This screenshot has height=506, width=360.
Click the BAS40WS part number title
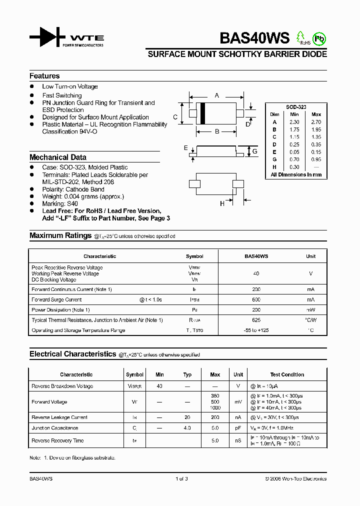point(255,38)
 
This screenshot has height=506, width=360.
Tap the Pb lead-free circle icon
point(318,38)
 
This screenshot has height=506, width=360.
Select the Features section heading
point(44,76)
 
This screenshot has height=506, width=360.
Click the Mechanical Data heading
point(58,157)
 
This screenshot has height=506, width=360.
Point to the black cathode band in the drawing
point(202,113)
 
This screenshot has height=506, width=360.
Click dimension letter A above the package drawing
point(216,95)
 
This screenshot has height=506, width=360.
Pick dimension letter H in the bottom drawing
point(222,203)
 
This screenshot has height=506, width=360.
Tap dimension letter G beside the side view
point(254,151)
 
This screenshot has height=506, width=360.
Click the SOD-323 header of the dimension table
point(296,107)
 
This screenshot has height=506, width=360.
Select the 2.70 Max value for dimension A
point(316,122)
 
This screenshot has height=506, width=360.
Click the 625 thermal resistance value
point(256,320)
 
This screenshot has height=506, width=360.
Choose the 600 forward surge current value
point(256,299)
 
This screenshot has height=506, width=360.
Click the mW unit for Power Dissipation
point(310,310)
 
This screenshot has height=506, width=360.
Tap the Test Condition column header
point(287,374)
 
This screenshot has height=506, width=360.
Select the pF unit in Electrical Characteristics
point(238,428)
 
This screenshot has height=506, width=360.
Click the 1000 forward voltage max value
point(215,408)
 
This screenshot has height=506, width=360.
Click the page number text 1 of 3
point(181,478)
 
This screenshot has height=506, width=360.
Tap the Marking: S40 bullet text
point(60,204)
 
